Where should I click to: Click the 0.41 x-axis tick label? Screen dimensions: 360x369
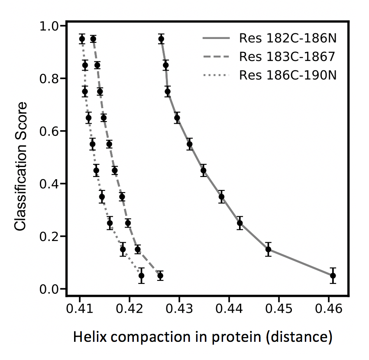[80, 310]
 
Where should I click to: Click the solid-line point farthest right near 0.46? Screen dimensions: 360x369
[333, 276]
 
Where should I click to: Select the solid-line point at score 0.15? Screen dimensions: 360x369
[269, 249]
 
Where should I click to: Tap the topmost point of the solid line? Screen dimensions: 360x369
[161, 39]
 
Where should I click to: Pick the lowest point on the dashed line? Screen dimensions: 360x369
[160, 276]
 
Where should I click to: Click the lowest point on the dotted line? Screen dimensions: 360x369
[141, 276]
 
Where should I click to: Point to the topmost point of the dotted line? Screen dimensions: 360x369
[82, 39]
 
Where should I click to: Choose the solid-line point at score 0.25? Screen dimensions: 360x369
[240, 223]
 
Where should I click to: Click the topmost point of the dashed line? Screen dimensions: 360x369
[93, 39]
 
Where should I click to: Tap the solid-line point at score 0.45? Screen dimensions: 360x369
[204, 170]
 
